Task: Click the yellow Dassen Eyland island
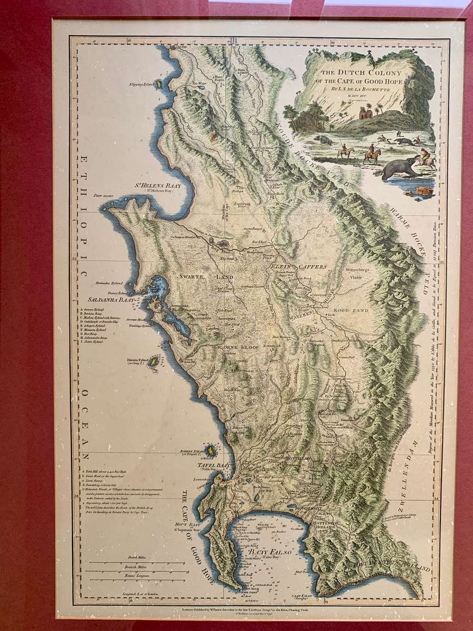tap(153, 361)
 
